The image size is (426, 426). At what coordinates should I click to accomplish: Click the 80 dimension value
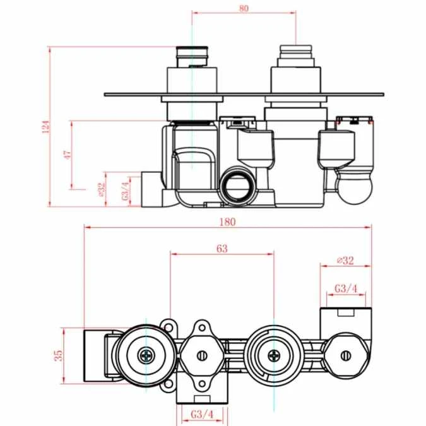click(244, 8)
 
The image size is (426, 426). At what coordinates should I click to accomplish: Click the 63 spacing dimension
click(222, 249)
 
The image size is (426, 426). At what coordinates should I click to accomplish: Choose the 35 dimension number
click(57, 355)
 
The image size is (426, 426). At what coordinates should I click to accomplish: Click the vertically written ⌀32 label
click(100, 189)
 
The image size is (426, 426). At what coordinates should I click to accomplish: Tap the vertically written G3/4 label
click(126, 189)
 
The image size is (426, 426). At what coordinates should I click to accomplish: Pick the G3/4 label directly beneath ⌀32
click(346, 288)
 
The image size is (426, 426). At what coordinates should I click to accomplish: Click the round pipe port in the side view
click(239, 186)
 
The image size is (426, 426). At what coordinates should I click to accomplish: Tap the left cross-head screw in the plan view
click(146, 355)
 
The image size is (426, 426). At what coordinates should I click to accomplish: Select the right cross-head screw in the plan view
click(273, 355)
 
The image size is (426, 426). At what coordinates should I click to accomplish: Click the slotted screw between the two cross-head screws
click(201, 355)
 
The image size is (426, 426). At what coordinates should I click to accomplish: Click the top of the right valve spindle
click(295, 47)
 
